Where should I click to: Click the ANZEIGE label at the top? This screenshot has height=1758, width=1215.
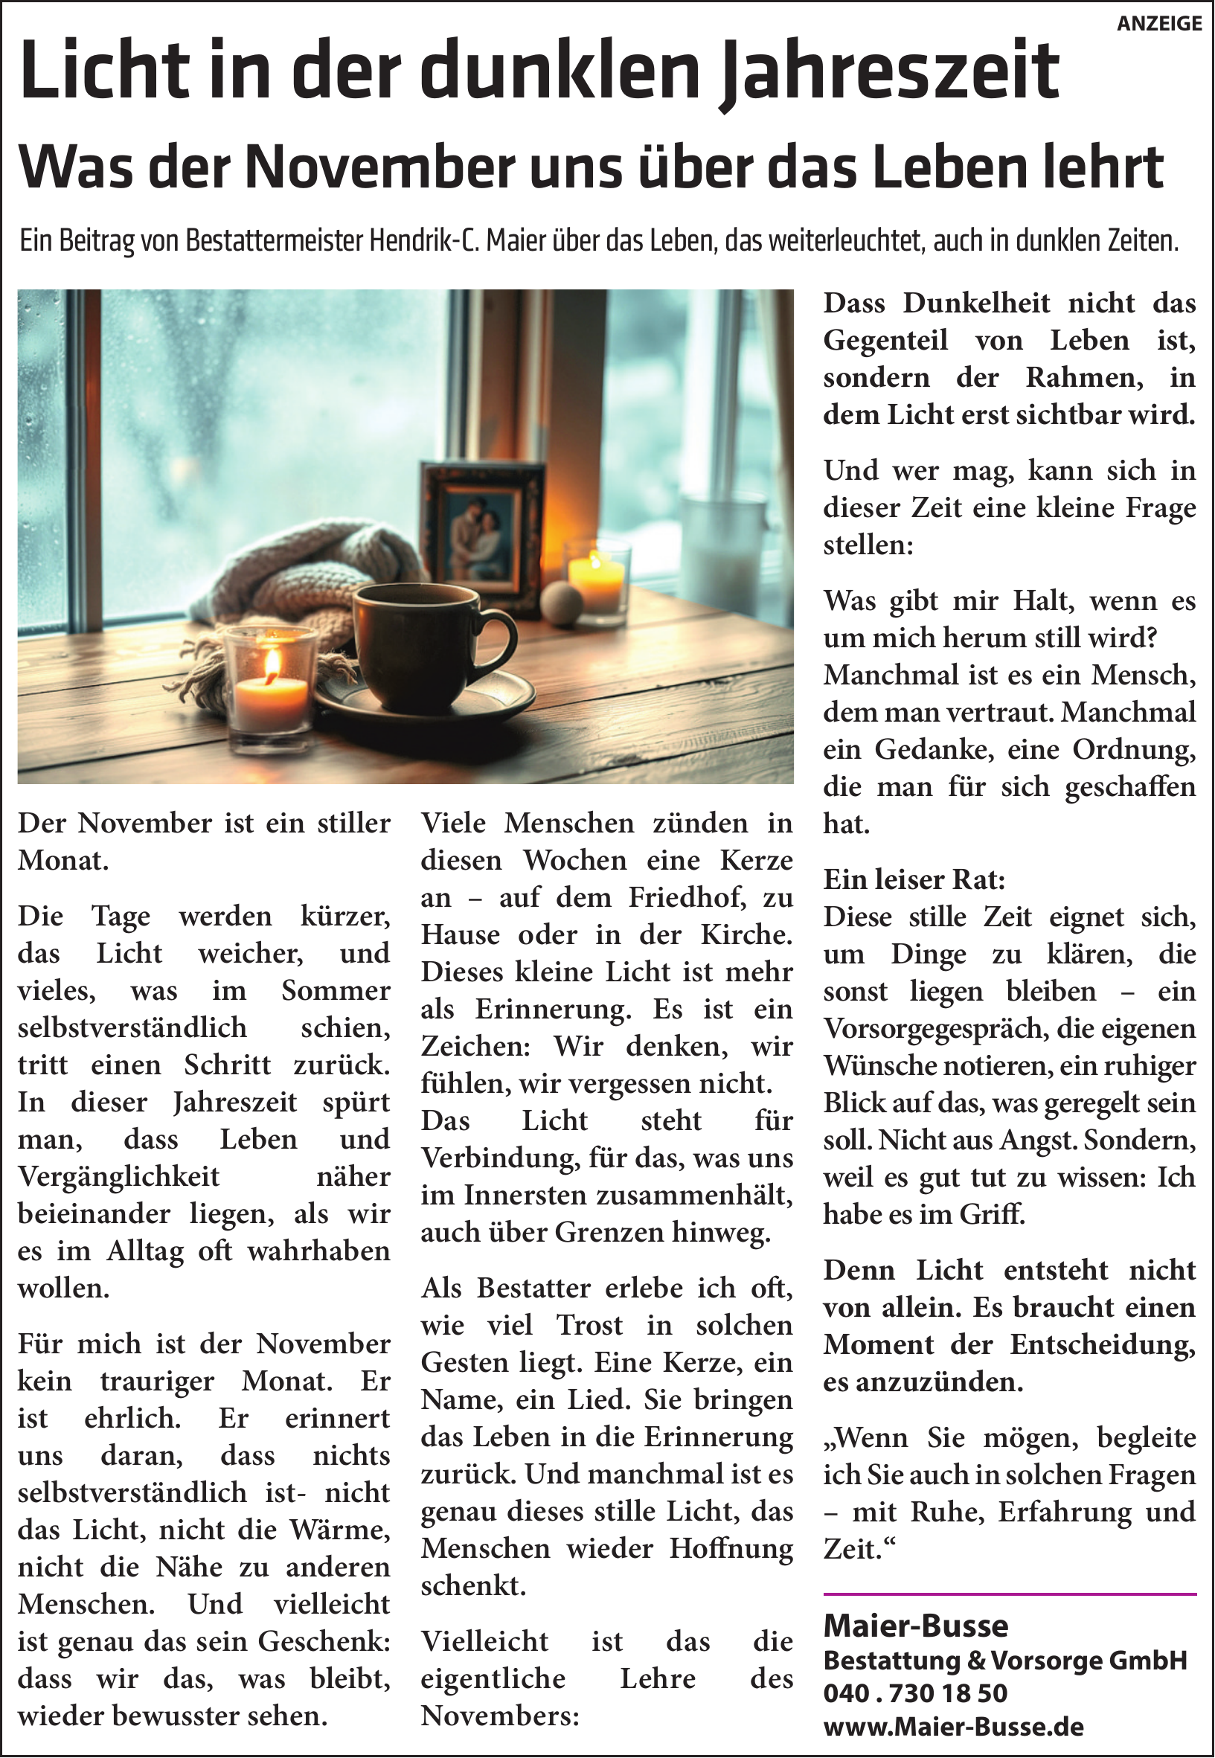tap(1158, 24)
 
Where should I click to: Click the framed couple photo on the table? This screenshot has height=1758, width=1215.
tap(482, 533)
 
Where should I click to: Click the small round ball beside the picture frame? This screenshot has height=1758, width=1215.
tap(560, 603)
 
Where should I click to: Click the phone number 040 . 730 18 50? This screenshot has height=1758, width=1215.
tap(915, 1693)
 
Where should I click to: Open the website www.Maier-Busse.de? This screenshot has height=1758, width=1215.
tap(953, 1726)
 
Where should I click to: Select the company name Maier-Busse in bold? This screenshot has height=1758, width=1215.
tap(915, 1626)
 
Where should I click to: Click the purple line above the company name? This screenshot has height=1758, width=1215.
tap(1010, 1593)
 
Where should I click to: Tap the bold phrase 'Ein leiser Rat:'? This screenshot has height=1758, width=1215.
tap(914, 880)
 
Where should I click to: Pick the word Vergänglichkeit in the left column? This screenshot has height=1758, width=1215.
tap(119, 1176)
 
